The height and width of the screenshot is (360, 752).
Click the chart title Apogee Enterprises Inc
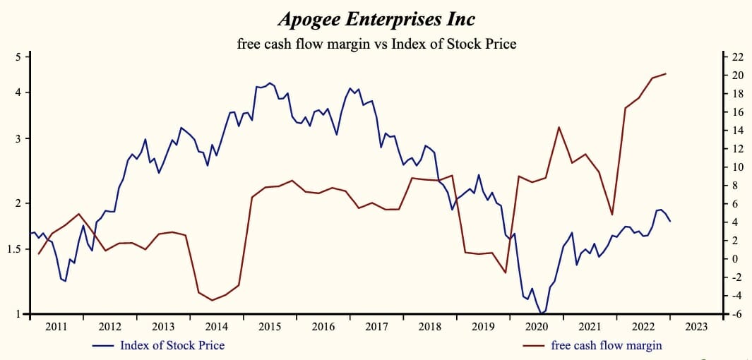376,18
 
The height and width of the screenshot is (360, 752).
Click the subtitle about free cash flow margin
376,44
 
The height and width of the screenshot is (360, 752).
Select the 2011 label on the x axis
56,327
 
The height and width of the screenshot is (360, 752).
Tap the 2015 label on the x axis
270,327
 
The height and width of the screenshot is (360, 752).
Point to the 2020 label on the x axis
537,327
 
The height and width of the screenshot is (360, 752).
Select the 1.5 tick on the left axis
15,249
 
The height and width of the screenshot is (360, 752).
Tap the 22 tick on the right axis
736,56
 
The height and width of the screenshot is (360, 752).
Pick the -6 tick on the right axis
736,314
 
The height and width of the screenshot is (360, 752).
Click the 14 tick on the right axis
736,130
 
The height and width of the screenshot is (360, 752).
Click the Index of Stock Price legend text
172,345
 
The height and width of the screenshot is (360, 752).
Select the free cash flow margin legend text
606,345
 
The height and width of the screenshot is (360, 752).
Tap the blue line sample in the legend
104,346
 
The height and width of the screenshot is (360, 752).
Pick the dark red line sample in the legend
534,346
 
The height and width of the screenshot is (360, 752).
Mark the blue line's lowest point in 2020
541,313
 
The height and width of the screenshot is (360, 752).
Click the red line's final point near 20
666,73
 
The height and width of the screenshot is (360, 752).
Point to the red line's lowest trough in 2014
213,301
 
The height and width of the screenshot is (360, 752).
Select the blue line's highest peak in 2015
270,83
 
